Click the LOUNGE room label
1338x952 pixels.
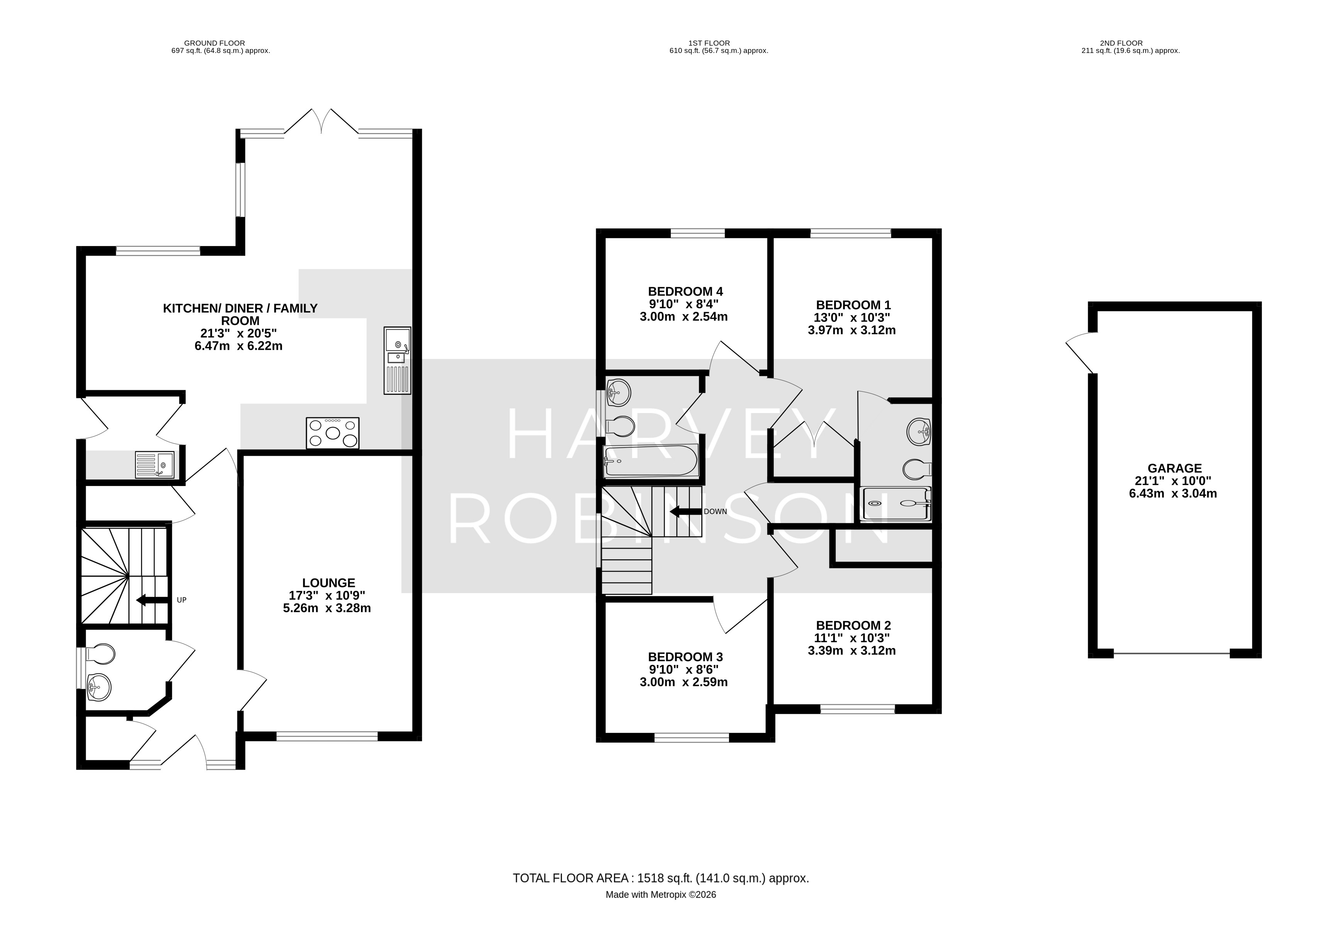pyautogui.click(x=329, y=583)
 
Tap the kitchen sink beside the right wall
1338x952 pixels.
pyautogui.click(x=398, y=360)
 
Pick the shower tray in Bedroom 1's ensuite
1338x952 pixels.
pyautogui.click(x=895, y=503)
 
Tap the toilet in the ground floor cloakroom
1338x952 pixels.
pyautogui.click(x=100, y=654)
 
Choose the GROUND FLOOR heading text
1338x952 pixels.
pyautogui.click(x=214, y=43)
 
